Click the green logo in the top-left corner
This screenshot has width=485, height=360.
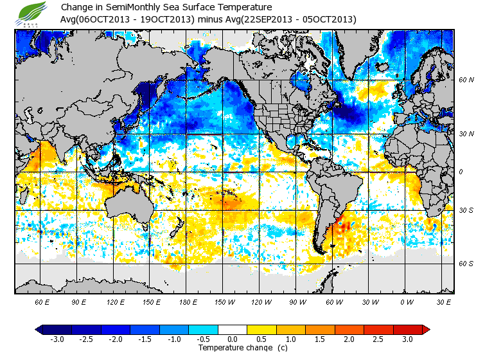(32, 13)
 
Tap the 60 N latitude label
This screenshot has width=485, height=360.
(466, 80)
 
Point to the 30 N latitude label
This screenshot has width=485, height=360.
(466, 133)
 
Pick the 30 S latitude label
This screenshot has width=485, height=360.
(466, 211)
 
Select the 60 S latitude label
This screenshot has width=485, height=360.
(466, 264)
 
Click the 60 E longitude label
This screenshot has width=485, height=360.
(42, 301)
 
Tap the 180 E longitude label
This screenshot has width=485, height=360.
(188, 301)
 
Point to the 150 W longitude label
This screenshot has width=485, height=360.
(225, 301)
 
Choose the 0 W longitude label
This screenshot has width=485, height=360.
(407, 301)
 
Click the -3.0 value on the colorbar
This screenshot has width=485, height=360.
(57, 339)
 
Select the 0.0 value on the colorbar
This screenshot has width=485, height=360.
(233, 339)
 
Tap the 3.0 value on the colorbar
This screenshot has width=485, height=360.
(407, 339)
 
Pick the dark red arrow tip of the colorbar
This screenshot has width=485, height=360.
(425, 330)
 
